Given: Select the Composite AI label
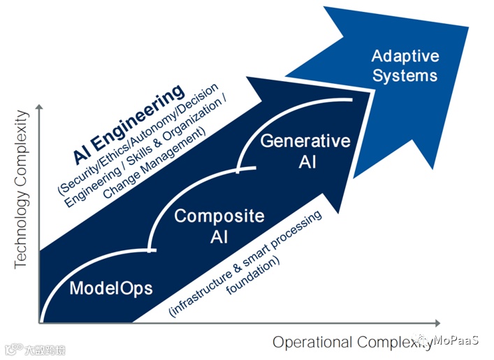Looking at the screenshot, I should (219, 226).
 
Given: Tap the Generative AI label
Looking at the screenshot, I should (305, 151).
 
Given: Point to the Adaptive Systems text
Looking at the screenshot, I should (405, 65).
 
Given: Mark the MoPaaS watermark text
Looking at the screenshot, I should (455, 340).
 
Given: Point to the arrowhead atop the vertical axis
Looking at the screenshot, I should (41, 107).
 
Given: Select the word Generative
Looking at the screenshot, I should (305, 141).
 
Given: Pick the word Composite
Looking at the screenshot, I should (219, 216).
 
